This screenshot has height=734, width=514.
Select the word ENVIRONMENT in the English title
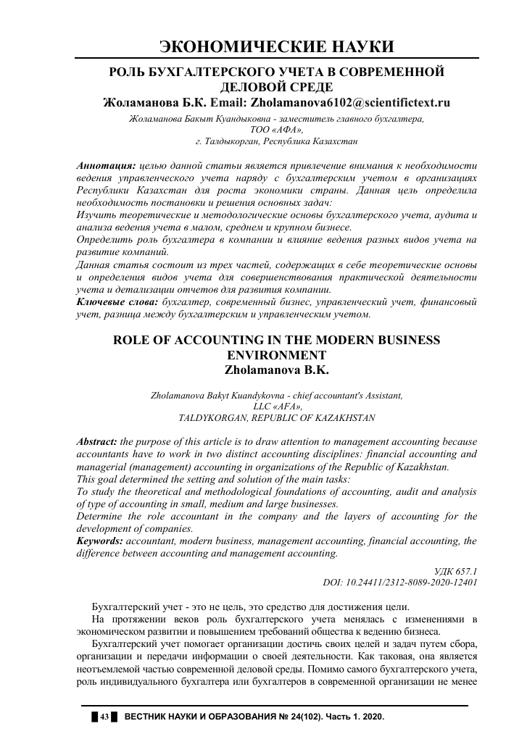click(276, 355)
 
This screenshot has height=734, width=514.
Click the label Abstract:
click(97, 442)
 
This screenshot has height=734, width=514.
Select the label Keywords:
click(100, 541)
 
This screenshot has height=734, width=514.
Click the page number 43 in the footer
click(104, 717)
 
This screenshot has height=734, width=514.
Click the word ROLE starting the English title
click(136, 341)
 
